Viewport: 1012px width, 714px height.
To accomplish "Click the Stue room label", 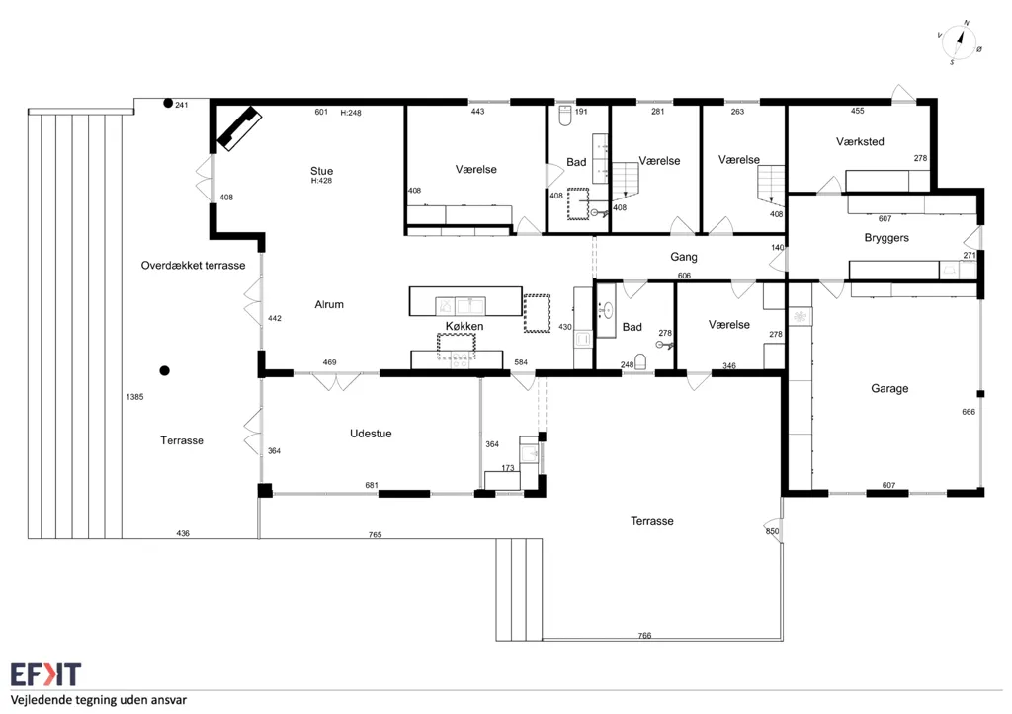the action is [321, 171].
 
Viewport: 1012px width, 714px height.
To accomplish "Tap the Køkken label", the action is [464, 326].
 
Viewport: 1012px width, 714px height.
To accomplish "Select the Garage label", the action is [889, 388].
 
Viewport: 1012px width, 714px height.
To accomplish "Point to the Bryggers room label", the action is [886, 238].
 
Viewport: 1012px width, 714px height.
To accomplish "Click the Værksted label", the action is [860, 141].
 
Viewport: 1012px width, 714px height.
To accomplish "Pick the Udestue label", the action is [371, 434].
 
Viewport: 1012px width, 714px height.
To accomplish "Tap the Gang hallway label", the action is [684, 257].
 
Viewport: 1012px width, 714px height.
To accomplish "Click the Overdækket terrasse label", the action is [193, 265].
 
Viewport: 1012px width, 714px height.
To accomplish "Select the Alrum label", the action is [328, 304].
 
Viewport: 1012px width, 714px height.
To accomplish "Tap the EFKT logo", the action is [45, 674].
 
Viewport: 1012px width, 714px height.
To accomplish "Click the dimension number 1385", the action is [134, 397].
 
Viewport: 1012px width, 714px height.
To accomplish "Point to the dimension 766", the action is [644, 635].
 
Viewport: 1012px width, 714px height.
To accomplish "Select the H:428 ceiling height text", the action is [321, 181].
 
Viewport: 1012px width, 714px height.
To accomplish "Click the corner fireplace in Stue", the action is [238, 128].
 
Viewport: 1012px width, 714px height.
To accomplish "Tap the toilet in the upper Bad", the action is [565, 116].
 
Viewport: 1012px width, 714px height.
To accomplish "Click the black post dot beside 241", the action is [168, 103].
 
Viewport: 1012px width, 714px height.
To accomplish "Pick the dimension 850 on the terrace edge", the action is [772, 531].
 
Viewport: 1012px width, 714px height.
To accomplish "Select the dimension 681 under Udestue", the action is [372, 485].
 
